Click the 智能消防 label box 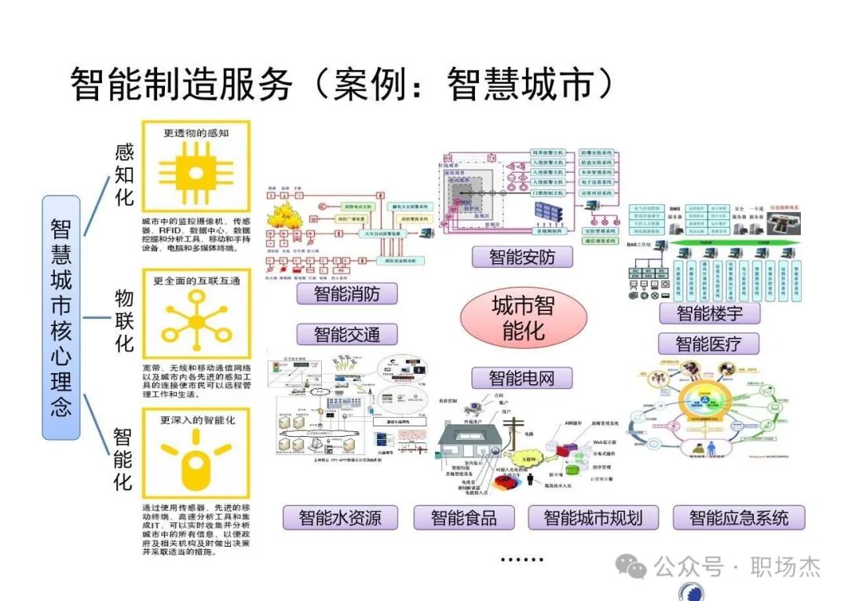coord(346,294)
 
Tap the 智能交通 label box coord(346,334)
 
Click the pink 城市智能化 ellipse coord(523,317)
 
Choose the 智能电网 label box coord(521,378)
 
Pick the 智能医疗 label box coord(707,343)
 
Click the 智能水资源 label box coord(340,518)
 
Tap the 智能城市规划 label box coord(593,518)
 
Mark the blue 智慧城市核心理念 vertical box coord(60,317)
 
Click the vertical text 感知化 coord(124,174)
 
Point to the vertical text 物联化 coord(124,321)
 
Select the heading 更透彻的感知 coord(196,134)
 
